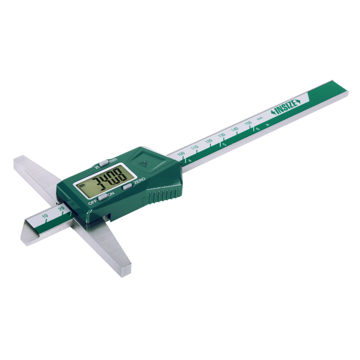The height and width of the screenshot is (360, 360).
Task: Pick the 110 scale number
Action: coord(194,148)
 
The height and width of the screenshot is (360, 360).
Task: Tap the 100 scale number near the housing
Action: coord(181,154)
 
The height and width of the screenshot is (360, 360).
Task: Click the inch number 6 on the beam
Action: coord(258,129)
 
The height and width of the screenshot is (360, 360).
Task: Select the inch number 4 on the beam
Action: coord(190,161)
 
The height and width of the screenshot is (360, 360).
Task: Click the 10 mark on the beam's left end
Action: coord(45,217)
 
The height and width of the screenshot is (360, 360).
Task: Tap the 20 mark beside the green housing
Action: coord(61,209)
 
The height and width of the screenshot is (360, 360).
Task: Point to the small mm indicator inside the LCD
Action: coord(81,185)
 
